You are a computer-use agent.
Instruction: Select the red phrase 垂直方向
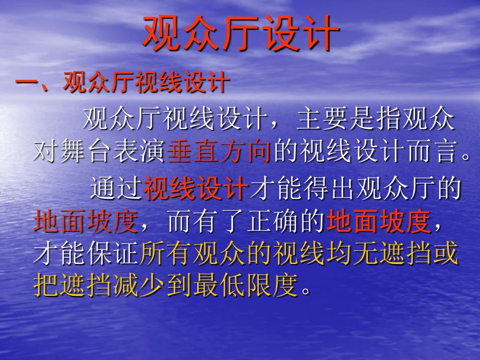[219, 151]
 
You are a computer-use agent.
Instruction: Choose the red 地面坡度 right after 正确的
[379, 221]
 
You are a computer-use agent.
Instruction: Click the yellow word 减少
[139, 285]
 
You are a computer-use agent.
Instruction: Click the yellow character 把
[46, 285]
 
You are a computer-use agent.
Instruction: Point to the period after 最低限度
[306, 290]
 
